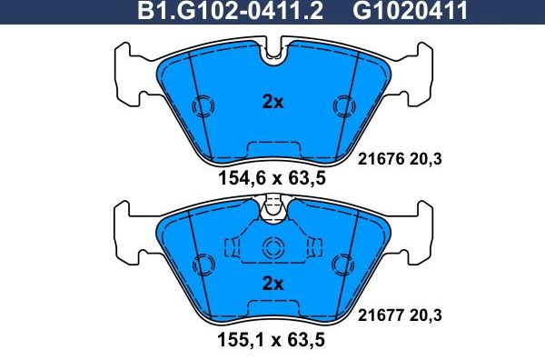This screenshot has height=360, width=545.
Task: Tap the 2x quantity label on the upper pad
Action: click(272, 103)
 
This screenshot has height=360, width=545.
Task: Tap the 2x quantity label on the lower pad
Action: click(272, 284)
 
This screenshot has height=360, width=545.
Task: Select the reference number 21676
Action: click(372, 159)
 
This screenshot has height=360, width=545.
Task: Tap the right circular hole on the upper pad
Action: click(343, 105)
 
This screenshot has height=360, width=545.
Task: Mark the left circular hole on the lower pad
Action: click(203, 265)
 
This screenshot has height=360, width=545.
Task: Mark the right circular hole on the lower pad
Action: click(343, 265)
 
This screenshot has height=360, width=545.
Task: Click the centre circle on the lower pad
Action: click(272, 248)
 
